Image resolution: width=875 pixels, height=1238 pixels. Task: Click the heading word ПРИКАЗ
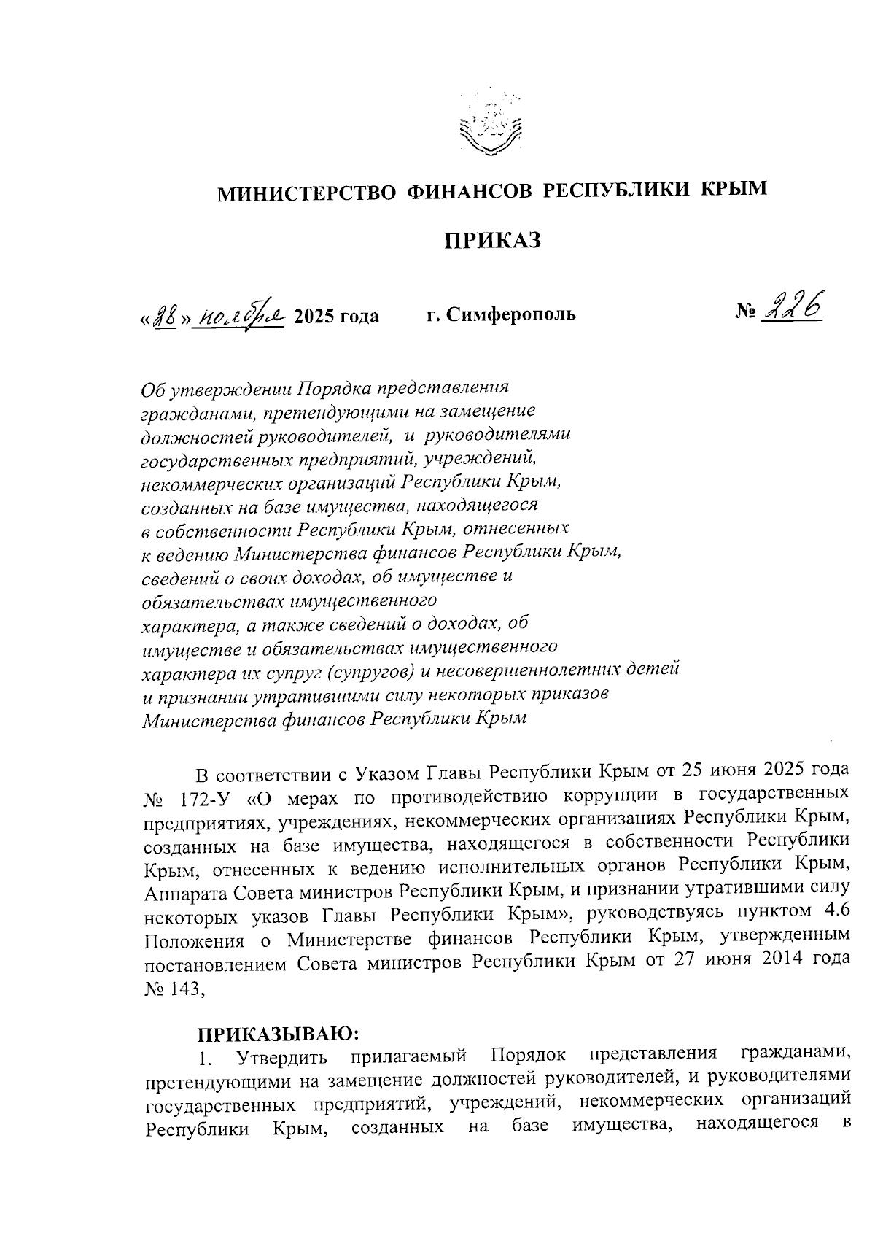[493, 240]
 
